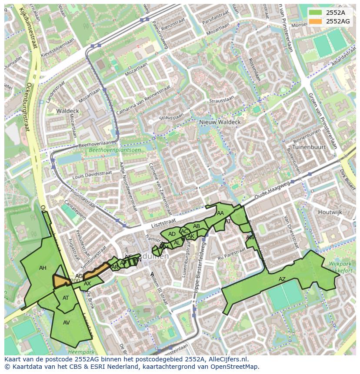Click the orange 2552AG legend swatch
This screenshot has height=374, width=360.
[x=316, y=21]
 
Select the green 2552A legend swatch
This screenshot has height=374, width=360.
[x=316, y=13]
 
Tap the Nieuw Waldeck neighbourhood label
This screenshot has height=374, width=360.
[x=220, y=122]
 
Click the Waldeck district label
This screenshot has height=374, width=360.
[x=67, y=111]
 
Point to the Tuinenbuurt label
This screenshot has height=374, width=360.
[x=309, y=147]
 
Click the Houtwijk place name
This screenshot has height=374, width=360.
[x=330, y=212]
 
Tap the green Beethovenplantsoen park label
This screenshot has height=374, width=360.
[x=115, y=150]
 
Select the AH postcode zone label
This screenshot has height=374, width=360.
[x=43, y=268]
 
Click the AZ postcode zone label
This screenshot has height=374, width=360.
[x=282, y=279]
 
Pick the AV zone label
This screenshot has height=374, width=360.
[x=67, y=323]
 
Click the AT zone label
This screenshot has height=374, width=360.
[x=66, y=298]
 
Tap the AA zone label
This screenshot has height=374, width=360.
[x=220, y=213]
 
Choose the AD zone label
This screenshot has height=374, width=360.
[x=172, y=234]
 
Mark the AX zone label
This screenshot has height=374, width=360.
[x=87, y=284]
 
